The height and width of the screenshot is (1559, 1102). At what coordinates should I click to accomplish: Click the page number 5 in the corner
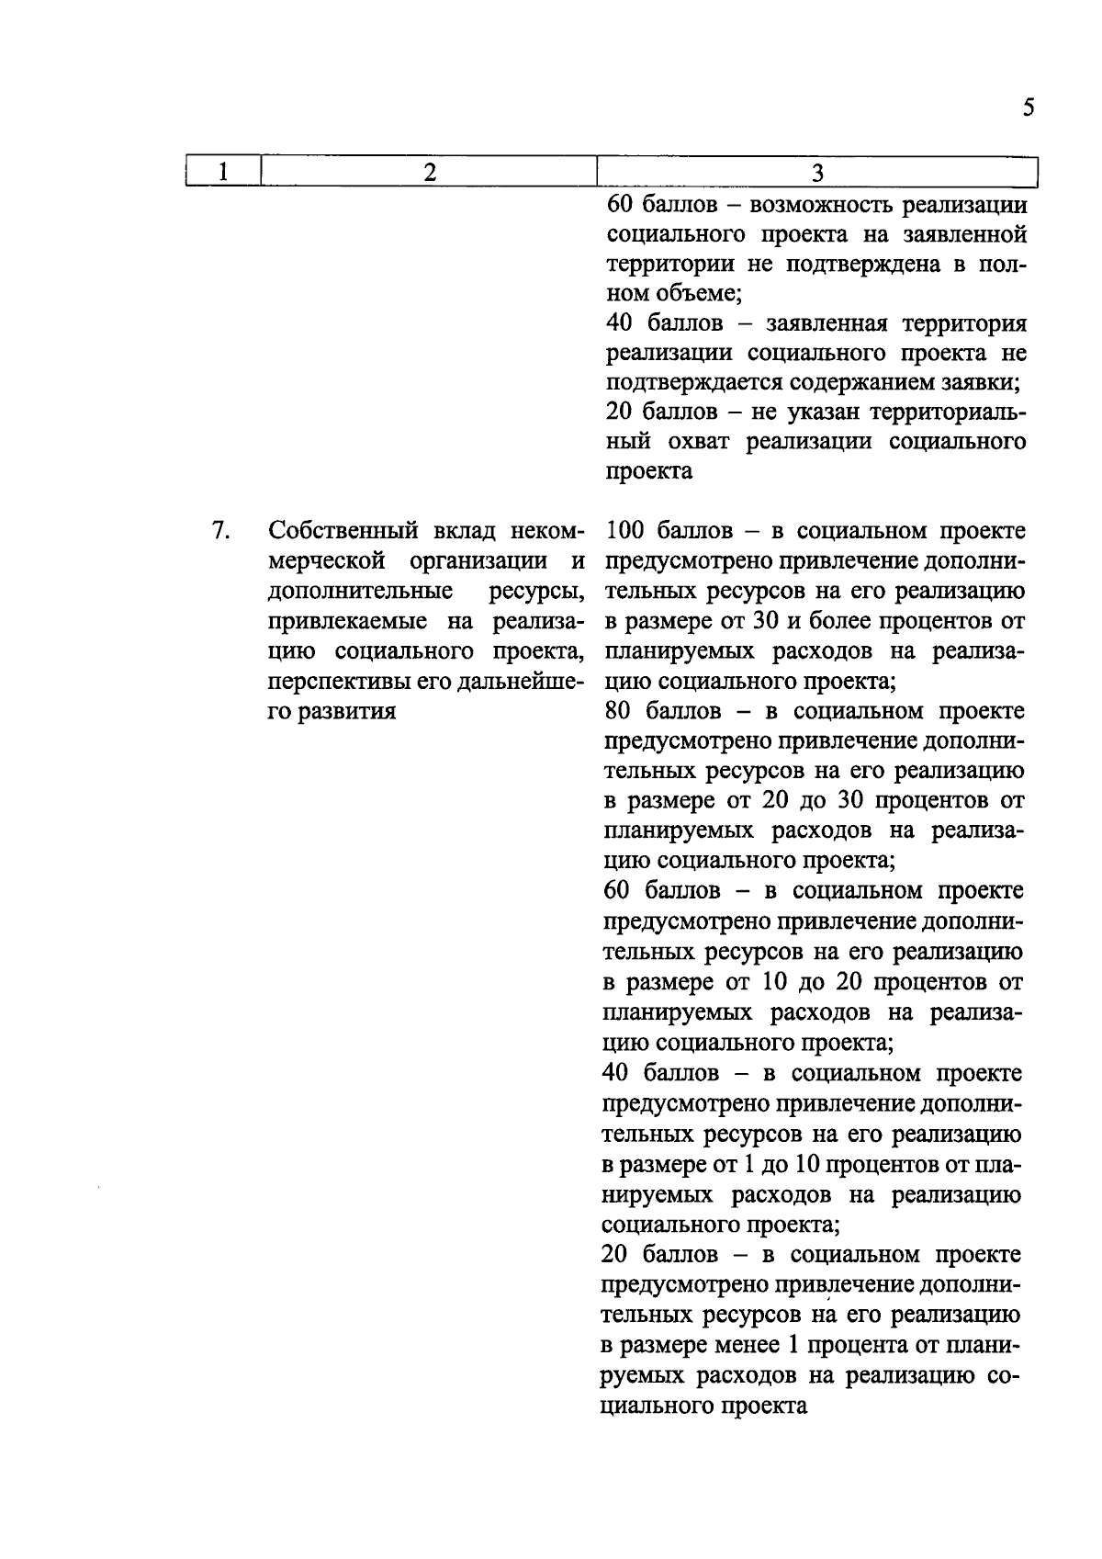(1028, 108)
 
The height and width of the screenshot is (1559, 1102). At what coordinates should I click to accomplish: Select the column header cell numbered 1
(223, 172)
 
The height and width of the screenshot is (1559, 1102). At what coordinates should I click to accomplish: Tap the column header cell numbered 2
(429, 172)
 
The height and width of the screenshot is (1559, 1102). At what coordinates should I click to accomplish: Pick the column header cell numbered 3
(816, 173)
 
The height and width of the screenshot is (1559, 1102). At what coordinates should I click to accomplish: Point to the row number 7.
(219, 531)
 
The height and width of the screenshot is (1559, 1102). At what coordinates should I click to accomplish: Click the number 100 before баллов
(625, 531)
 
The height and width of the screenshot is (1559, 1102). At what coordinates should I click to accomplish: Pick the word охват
(700, 442)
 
